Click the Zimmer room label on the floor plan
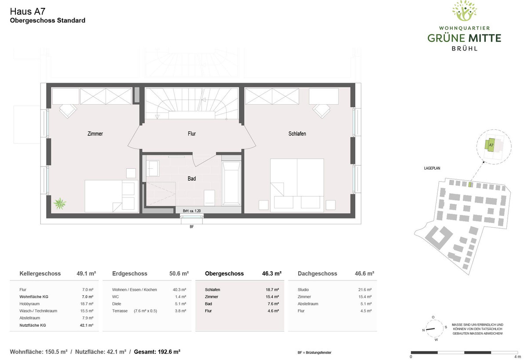pyautogui.click(x=95, y=134)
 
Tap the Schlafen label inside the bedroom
pyautogui.click(x=297, y=134)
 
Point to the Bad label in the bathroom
pyautogui.click(x=191, y=179)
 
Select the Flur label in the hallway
pyautogui.click(x=192, y=134)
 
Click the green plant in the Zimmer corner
pyautogui.click(x=60, y=204)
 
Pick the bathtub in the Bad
pyautogui.click(x=231, y=183)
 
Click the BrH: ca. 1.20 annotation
pyautogui.click(x=192, y=211)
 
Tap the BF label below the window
pyautogui.click(x=192, y=227)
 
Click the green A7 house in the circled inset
pyautogui.click(x=490, y=145)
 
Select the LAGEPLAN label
pyautogui.click(x=432, y=168)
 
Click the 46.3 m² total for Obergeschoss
pyautogui.click(x=272, y=273)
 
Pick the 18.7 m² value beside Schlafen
pyautogui.click(x=272, y=290)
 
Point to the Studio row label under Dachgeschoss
pyautogui.click(x=303, y=290)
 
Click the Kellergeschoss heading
pyautogui.click(x=40, y=273)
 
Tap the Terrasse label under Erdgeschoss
pyautogui.click(x=120, y=311)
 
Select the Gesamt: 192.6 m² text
pyautogui.click(x=157, y=352)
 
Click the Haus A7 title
pyautogui.click(x=28, y=11)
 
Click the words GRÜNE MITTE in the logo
pyautogui.click(x=464, y=38)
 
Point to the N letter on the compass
pyautogui.click(x=423, y=330)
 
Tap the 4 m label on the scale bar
pyautogui.click(x=518, y=357)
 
